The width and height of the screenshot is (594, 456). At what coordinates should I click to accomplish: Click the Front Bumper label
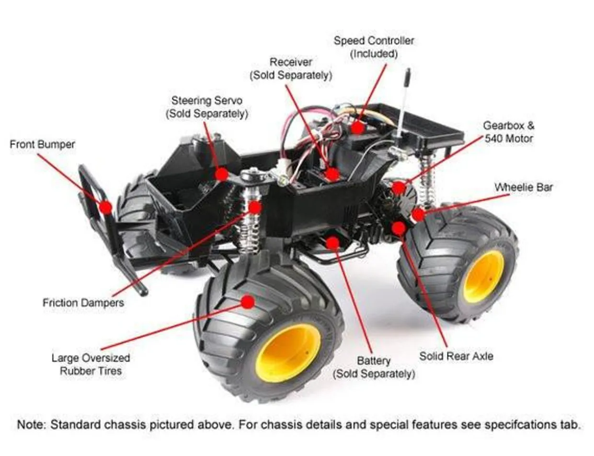(42, 144)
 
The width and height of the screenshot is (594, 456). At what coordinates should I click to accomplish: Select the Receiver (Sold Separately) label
(291, 69)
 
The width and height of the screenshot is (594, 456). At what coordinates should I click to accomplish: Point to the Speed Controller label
(374, 47)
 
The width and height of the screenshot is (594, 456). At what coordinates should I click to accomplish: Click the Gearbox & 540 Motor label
(508, 132)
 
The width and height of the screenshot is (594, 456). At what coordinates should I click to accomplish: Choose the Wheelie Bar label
(524, 187)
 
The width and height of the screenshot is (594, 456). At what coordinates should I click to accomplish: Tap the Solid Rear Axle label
(456, 356)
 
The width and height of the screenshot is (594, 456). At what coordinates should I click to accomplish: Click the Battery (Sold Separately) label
(374, 367)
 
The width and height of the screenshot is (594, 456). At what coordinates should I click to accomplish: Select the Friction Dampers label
(83, 303)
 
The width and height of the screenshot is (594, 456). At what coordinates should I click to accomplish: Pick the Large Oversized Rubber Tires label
(91, 364)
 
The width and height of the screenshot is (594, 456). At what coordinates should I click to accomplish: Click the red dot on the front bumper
(105, 207)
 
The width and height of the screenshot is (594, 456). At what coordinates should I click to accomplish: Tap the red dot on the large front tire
(248, 302)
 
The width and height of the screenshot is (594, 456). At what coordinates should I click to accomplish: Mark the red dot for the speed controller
(357, 128)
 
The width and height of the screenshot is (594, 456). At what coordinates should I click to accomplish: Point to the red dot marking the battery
(332, 243)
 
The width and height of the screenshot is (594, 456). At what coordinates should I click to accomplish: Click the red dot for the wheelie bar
(418, 215)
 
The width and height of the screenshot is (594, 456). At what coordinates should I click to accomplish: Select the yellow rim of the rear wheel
(483, 276)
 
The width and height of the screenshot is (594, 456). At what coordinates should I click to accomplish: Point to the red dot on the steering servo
(221, 174)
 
